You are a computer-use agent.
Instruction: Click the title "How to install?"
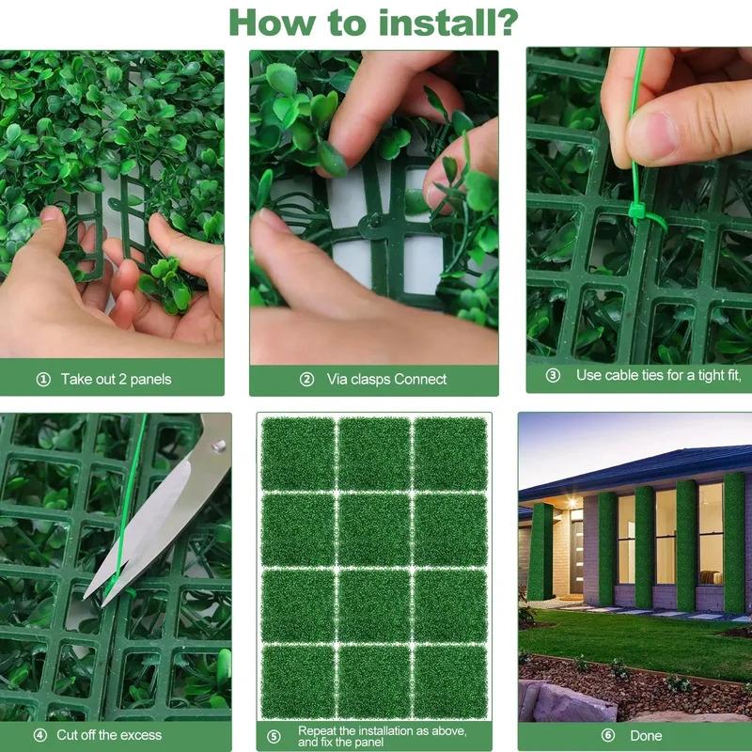click(373, 20)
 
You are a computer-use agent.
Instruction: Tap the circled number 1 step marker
click(42, 380)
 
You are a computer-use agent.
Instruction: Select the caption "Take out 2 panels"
click(116, 380)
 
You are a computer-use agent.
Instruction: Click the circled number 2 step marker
click(306, 380)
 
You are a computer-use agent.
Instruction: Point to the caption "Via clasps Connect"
click(386, 380)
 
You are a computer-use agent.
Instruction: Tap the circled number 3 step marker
click(553, 375)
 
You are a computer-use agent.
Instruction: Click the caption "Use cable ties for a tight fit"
click(658, 375)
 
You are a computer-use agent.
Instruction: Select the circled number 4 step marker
click(39, 735)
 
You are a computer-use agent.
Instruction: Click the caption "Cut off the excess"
click(109, 735)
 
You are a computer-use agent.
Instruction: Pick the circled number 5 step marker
click(274, 736)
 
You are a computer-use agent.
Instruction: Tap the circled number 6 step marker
click(607, 736)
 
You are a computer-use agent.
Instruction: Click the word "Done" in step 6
click(646, 736)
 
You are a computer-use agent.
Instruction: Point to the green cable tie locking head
click(638, 211)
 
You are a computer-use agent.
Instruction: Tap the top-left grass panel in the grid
click(297, 454)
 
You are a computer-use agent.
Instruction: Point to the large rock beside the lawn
click(560, 701)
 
